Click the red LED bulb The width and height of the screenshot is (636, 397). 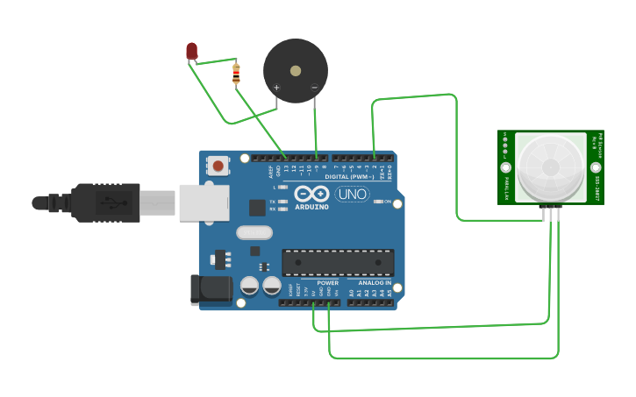coord(192,51)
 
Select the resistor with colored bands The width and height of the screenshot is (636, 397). coord(235,74)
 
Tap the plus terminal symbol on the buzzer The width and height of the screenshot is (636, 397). coord(276,87)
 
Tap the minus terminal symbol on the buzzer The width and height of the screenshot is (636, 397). coord(314,87)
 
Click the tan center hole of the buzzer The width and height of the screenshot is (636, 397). coord(296,71)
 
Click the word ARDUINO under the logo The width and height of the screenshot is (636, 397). coord(311,207)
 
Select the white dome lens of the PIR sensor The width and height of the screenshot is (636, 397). coord(550,167)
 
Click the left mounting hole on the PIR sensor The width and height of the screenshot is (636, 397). coord(505,167)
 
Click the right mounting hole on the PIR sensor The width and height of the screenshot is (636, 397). coord(596,167)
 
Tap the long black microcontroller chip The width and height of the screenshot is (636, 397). coord(338,262)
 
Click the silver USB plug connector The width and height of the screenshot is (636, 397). coord(158,203)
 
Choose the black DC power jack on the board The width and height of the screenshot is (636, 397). coord(211,290)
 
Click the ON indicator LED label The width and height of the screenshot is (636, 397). coord(387,202)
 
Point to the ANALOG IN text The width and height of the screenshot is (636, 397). coord(375,283)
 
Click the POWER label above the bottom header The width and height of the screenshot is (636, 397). coord(327,283)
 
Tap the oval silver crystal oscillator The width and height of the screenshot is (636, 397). coord(254,232)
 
